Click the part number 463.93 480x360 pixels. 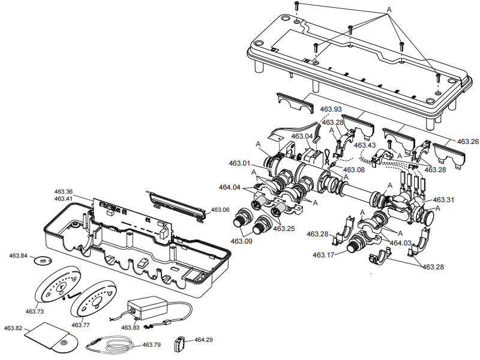pyautogui.click(x=331, y=109)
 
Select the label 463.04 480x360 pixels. pyautogui.click(x=302, y=136)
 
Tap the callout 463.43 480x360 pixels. pyautogui.click(x=365, y=145)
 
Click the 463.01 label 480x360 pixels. pyautogui.click(x=239, y=163)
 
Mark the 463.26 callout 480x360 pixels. pyautogui.click(x=468, y=142)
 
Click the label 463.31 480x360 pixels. pyautogui.click(x=443, y=200)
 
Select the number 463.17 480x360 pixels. pyautogui.click(x=323, y=255)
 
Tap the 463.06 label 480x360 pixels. pyautogui.click(x=220, y=210)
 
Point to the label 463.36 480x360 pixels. pyautogui.click(x=63, y=191)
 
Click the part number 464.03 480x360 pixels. pyautogui.click(x=401, y=243)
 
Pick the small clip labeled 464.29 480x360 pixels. pyautogui.click(x=178, y=344)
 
